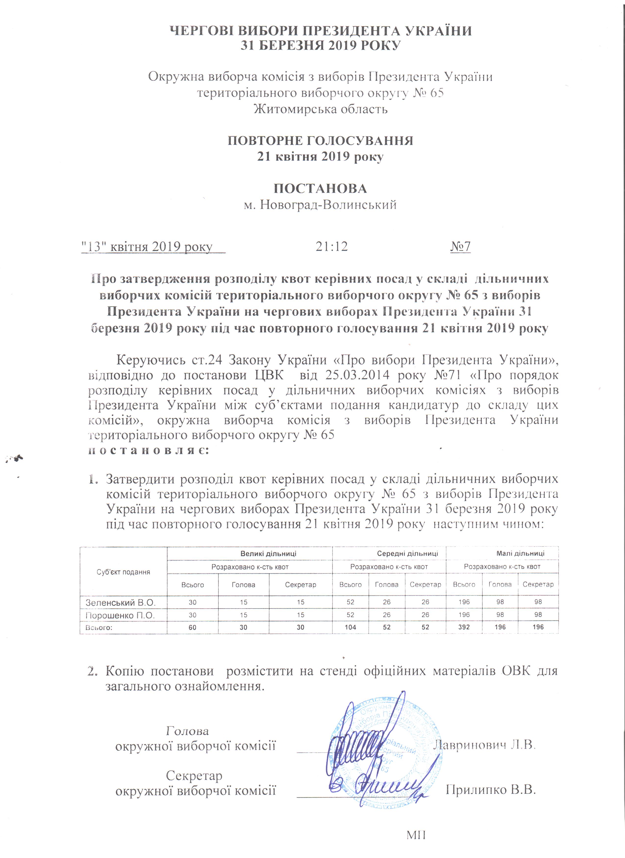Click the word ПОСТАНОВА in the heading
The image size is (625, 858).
[x=320, y=188]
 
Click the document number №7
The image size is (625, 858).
[x=461, y=247]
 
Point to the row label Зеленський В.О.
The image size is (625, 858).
[x=121, y=602]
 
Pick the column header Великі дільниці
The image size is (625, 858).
[x=269, y=553]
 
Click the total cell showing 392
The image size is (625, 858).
[x=464, y=627]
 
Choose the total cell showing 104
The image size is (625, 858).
[x=350, y=627]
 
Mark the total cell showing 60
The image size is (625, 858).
[x=193, y=627]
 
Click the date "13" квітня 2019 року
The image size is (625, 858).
[x=148, y=247]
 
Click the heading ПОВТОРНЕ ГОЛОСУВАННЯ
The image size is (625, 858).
[x=320, y=141]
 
